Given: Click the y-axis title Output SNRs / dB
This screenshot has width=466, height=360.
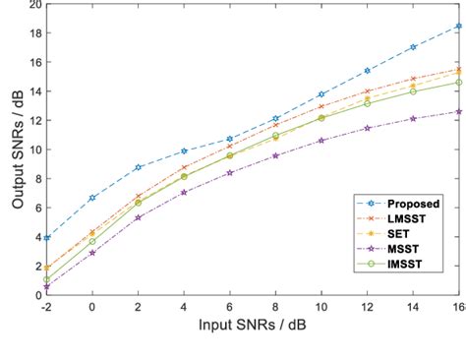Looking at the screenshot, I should [x=17, y=150].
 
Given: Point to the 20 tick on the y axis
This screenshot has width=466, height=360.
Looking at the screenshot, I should [x=35, y=5].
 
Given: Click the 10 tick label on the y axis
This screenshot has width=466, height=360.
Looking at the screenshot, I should [x=35, y=150].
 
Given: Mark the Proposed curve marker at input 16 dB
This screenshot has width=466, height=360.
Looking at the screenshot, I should [x=458, y=27].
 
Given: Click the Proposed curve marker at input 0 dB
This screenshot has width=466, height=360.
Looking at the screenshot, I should [x=92, y=198].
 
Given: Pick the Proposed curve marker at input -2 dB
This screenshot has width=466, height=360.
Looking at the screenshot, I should [x=47, y=238].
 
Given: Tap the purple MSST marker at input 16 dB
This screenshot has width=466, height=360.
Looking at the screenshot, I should [x=458, y=111].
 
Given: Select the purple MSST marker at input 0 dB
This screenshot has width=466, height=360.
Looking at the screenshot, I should [x=92, y=253].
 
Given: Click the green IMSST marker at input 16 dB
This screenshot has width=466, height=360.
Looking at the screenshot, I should [x=458, y=83].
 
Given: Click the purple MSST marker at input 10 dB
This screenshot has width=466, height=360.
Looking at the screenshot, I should [x=320, y=141].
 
